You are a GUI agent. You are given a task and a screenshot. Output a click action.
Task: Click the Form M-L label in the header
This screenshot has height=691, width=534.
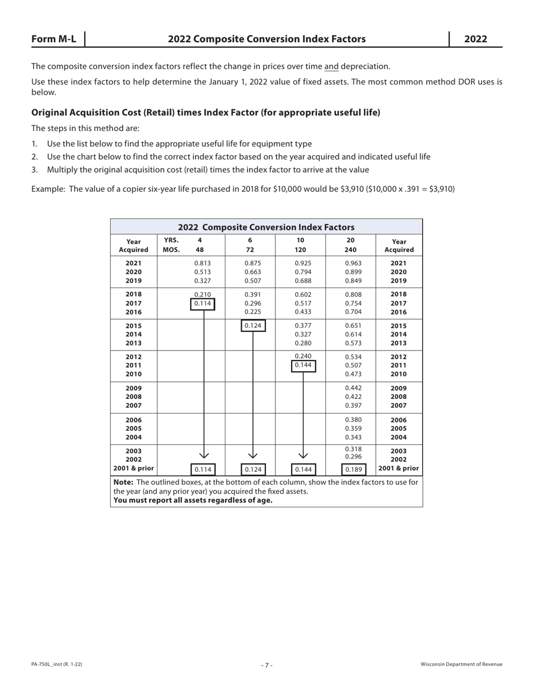53,39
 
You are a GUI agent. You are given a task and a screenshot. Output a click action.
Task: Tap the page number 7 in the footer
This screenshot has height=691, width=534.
267,665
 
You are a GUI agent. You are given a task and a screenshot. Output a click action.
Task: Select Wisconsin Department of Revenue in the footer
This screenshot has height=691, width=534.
461,665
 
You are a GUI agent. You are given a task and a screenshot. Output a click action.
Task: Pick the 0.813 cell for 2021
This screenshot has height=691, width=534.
202,263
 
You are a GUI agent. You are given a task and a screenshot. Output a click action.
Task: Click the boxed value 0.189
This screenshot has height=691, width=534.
354,469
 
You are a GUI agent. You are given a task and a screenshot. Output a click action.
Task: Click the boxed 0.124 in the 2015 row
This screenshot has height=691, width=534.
253,326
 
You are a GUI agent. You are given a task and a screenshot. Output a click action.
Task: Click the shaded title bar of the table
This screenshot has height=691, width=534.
266,227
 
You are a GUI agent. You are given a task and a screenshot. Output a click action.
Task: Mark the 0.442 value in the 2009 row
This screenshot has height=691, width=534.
354,388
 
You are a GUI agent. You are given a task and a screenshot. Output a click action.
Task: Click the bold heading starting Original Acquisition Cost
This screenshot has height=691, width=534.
206,112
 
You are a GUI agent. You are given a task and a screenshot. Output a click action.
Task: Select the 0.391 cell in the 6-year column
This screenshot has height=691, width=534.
253,294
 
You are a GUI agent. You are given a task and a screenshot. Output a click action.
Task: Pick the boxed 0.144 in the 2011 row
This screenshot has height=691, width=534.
304,365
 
